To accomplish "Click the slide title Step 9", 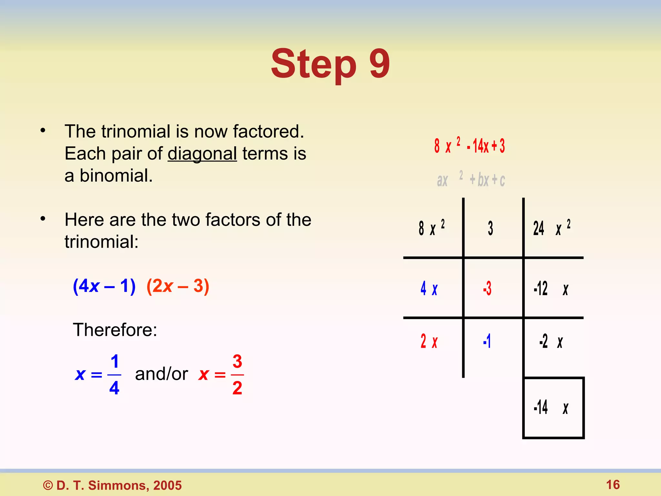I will [x=330, y=64].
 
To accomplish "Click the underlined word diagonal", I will [x=202, y=154].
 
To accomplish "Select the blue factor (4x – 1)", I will [x=104, y=286].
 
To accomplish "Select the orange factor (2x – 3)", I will [x=178, y=286].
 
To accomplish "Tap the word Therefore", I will [x=115, y=330].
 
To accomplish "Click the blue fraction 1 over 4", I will [x=114, y=375].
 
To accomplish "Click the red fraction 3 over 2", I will [x=237, y=375].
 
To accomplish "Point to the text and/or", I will [x=161, y=374].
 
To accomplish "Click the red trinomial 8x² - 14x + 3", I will [x=470, y=146].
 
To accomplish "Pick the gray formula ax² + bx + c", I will [x=471, y=180].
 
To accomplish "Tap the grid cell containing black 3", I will [x=490, y=228].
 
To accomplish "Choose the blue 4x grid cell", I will [x=429, y=288].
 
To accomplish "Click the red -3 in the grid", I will [x=487, y=288].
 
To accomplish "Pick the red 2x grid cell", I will [x=429, y=341].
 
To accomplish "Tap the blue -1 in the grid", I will [x=487, y=341].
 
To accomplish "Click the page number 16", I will [x=613, y=485].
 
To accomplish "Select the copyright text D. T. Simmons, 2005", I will [x=113, y=485].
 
